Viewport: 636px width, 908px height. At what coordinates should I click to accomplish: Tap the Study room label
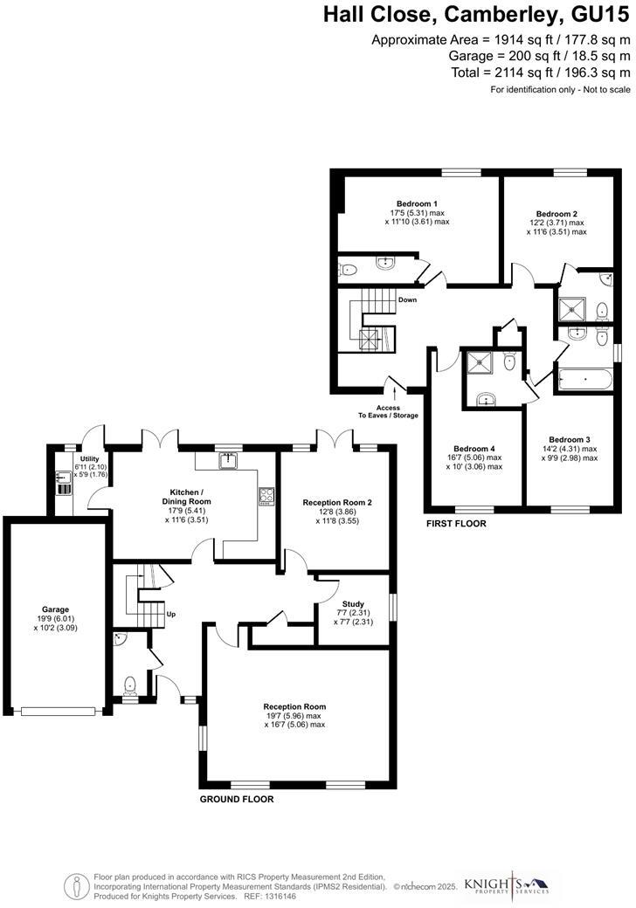click(x=353, y=603)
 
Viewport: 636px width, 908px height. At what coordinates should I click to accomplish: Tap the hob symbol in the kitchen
click(x=266, y=496)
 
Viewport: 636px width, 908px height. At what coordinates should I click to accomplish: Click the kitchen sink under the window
click(x=230, y=459)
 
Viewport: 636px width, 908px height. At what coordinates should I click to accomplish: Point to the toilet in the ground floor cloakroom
click(x=129, y=684)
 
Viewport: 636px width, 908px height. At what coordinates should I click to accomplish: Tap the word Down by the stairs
click(x=407, y=300)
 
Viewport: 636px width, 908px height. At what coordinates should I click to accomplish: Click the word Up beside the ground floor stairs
click(x=171, y=615)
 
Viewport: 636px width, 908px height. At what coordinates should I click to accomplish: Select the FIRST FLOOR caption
click(x=456, y=525)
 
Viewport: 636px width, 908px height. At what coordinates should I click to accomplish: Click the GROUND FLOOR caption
click(x=237, y=799)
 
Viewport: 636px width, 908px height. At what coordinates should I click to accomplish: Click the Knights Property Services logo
click(x=507, y=884)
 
